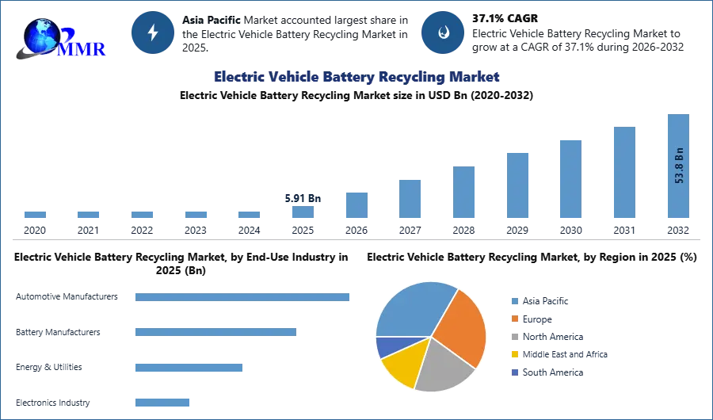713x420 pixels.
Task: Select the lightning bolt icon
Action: click(153, 32)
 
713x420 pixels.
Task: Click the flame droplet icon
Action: click(443, 32)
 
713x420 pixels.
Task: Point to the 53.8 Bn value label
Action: click(679, 165)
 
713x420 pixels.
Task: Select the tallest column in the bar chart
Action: click(678, 166)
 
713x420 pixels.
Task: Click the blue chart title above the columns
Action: click(356, 77)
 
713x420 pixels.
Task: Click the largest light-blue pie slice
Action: click(412, 309)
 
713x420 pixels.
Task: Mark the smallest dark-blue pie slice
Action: click(385, 346)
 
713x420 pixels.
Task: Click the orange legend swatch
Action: click(513, 319)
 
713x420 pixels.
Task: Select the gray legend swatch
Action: click(513, 337)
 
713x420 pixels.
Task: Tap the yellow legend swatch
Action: click(513, 355)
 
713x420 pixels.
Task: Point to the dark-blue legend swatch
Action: click(513, 373)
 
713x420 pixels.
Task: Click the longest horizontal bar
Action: click(243, 298)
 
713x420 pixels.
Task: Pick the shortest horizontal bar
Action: click(162, 402)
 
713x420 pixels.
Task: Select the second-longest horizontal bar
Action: click(215, 330)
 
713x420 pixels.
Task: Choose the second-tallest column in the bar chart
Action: click(623, 173)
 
